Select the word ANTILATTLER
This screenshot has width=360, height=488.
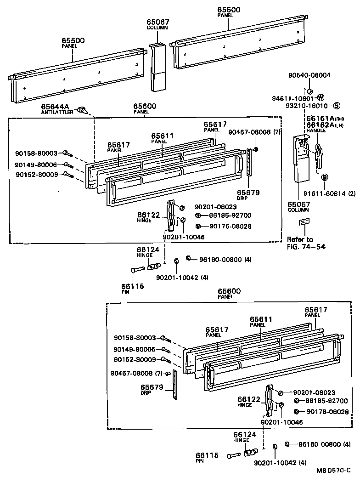click(57, 112)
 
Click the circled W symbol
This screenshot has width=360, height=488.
click(321, 97)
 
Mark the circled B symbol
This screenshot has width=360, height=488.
click(324, 177)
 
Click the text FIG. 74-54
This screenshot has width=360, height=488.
click(306, 246)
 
